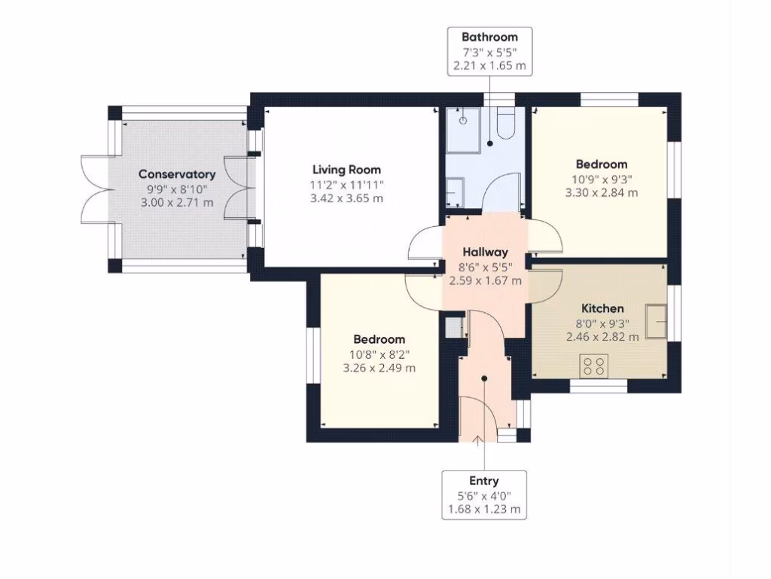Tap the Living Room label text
click(x=347, y=170)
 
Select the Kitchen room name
click(x=602, y=308)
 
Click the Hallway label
click(x=485, y=252)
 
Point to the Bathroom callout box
click(x=489, y=51)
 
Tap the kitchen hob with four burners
click(x=594, y=366)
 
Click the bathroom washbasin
click(x=455, y=192)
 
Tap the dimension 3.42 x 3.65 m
click(x=347, y=198)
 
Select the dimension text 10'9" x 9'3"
click(x=602, y=179)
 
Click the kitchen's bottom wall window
click(x=598, y=386)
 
